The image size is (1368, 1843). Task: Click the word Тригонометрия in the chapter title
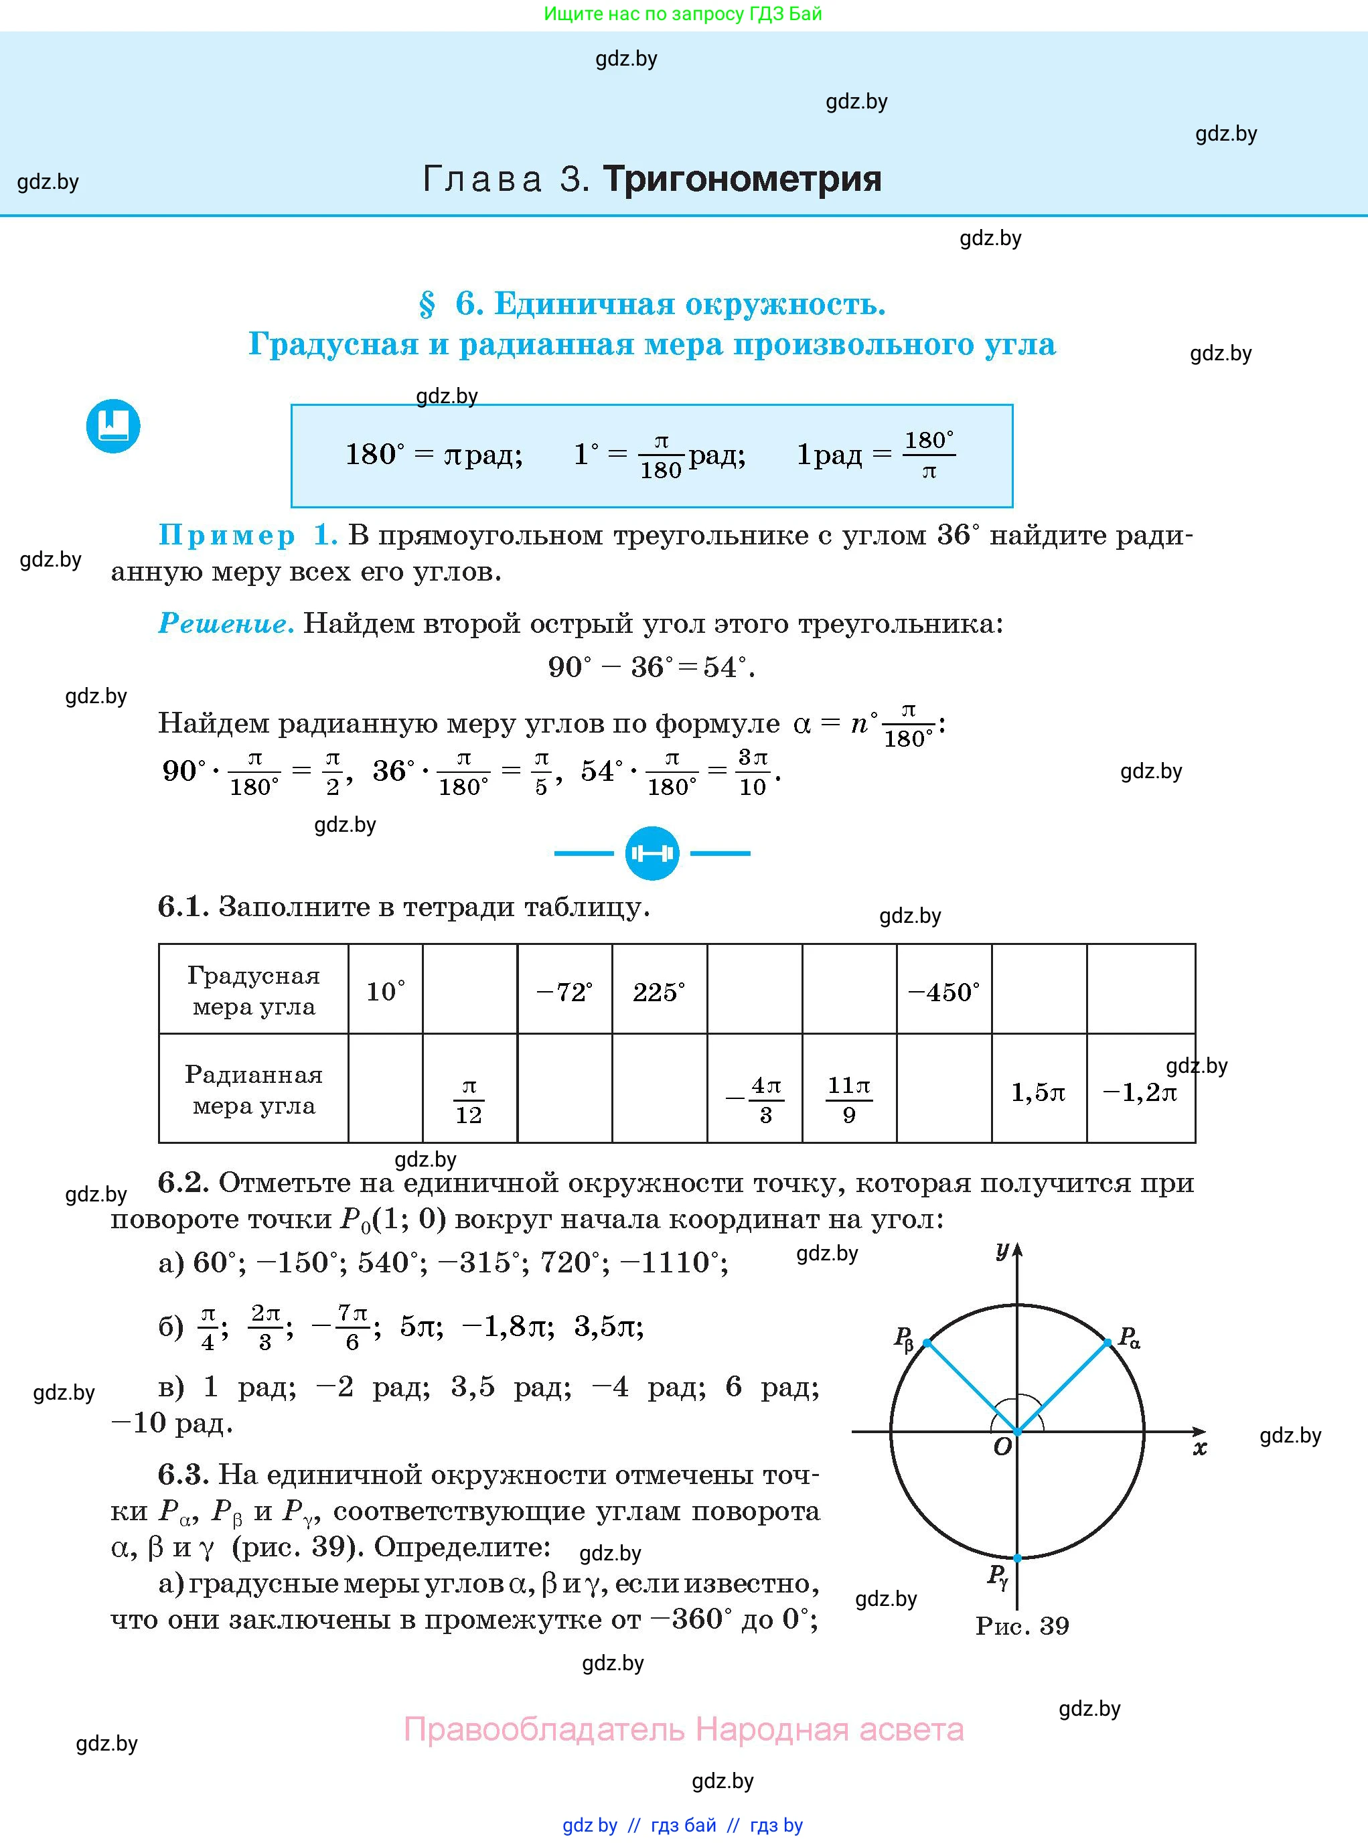(741, 179)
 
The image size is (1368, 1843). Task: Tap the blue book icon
(113, 427)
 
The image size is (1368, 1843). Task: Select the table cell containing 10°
(385, 990)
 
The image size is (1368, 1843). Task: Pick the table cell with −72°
(564, 990)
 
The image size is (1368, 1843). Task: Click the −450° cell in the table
(943, 990)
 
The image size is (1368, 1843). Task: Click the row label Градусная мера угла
(253, 990)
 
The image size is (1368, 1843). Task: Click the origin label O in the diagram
(1002, 1447)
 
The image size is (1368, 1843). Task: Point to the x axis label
(1199, 1448)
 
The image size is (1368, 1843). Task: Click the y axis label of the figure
(1002, 1250)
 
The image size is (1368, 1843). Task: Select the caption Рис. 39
(1022, 1625)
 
